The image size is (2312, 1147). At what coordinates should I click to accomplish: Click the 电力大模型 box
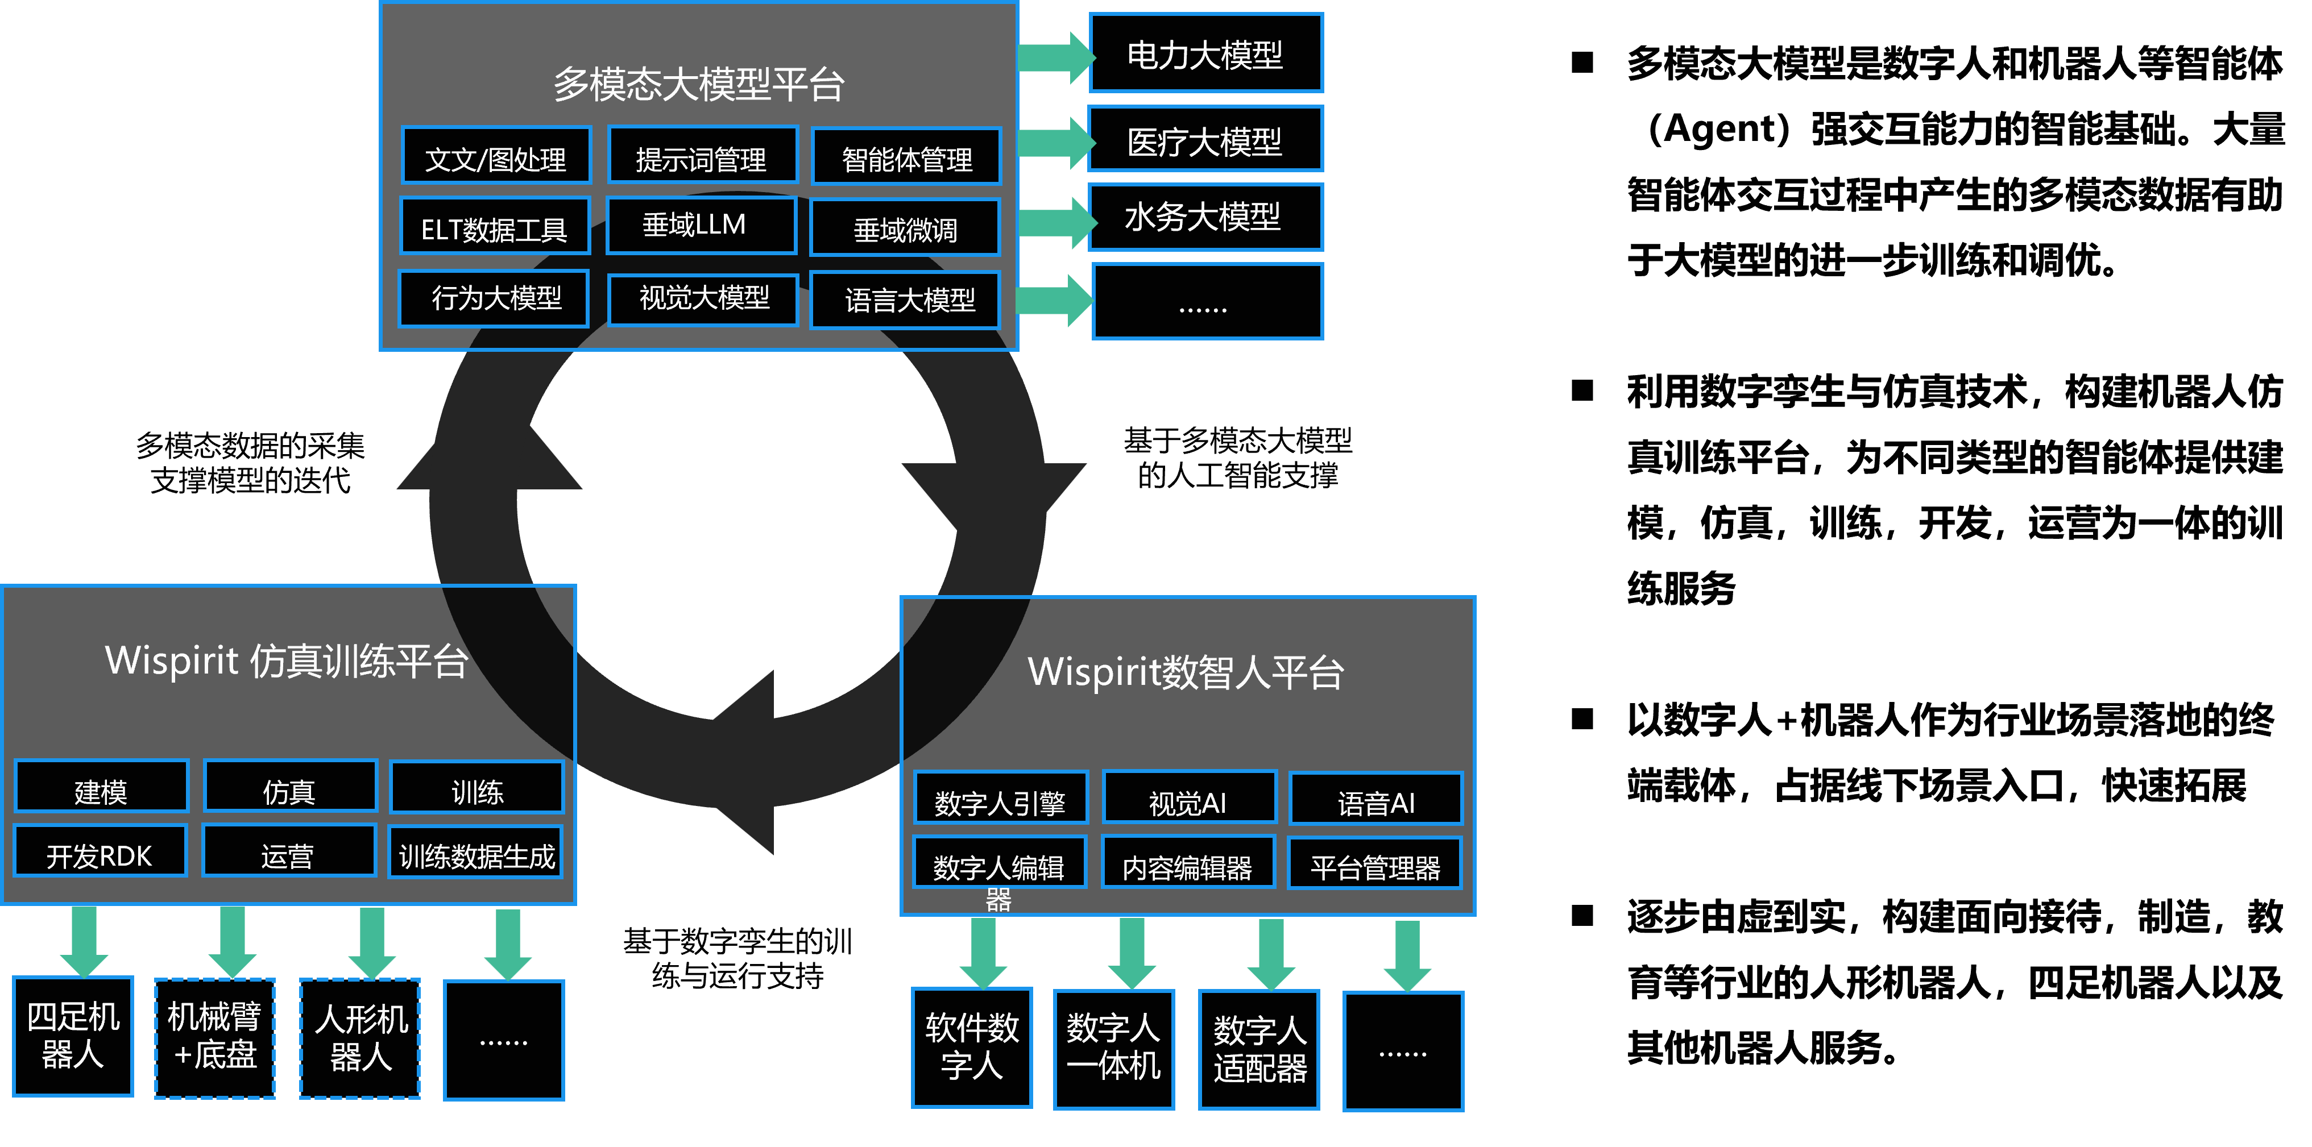[1205, 54]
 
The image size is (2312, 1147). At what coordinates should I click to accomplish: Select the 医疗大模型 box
[1205, 140]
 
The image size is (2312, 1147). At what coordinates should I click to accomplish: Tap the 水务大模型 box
[1205, 217]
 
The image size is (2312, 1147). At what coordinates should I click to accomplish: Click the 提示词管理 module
[702, 157]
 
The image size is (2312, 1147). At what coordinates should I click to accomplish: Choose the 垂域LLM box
[701, 225]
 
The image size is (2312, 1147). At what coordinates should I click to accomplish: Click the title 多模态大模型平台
[698, 84]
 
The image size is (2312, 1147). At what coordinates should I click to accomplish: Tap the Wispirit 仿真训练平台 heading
[287, 662]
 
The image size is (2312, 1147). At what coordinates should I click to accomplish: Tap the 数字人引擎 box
[1000, 798]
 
